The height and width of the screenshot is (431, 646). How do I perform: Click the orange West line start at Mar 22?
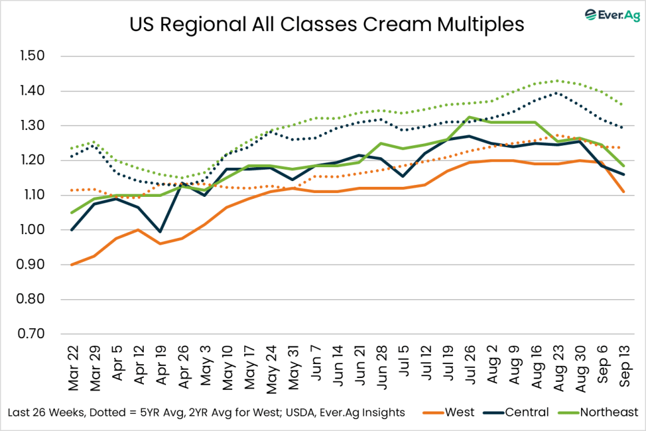tap(71, 264)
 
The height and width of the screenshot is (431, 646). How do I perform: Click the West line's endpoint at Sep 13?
tap(624, 191)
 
